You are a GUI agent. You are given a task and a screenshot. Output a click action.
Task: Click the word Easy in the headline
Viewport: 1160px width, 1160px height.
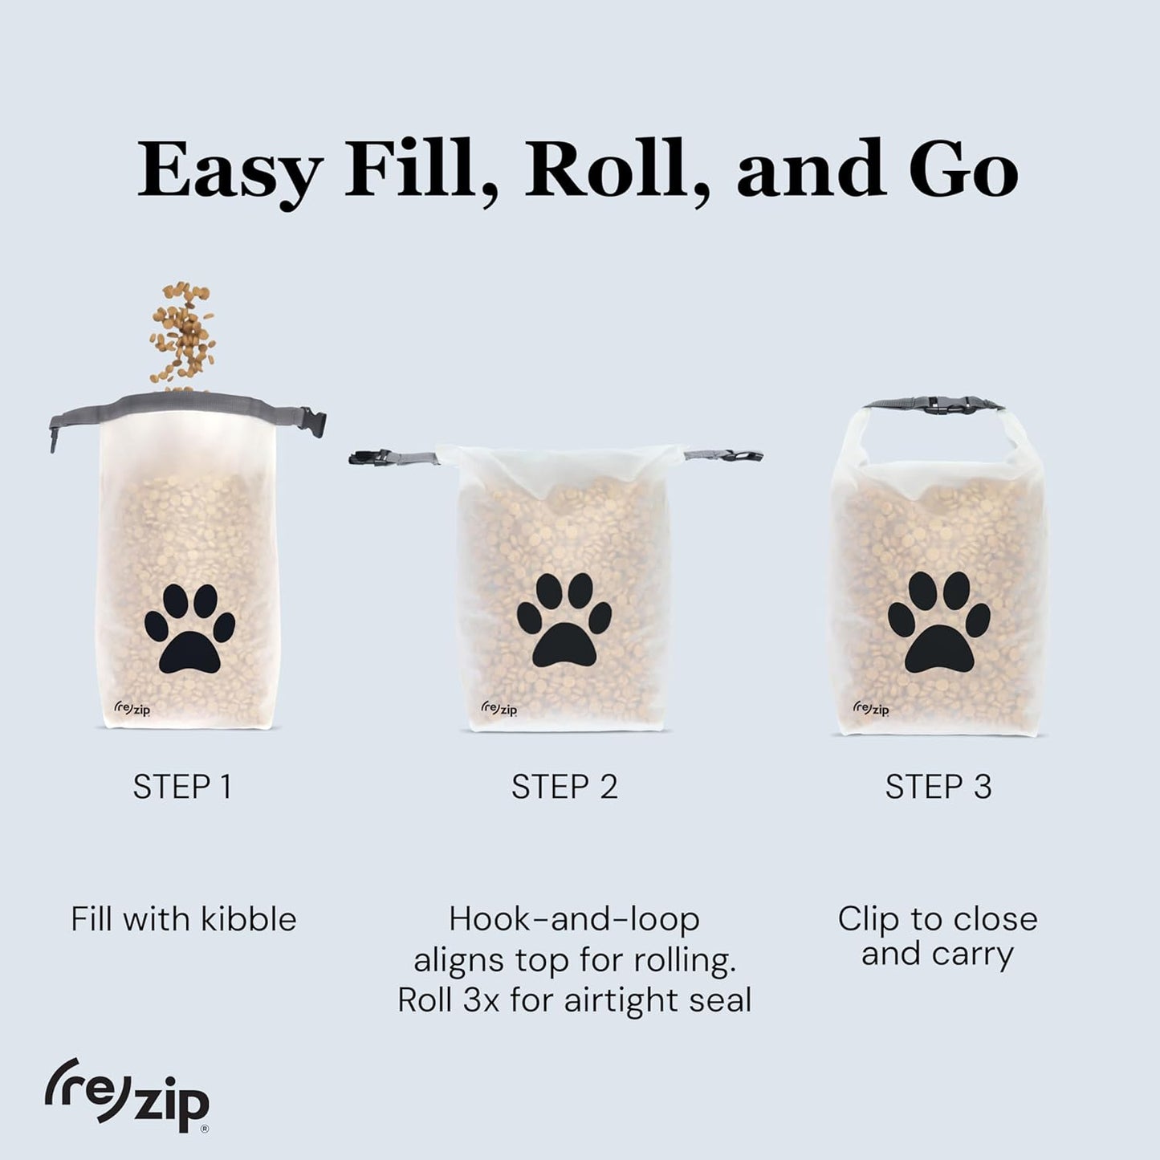pos(230,171)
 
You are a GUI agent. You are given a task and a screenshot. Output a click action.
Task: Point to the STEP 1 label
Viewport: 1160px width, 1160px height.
pos(183,787)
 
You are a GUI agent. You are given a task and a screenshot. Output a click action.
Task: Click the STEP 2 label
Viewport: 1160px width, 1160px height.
pos(564,787)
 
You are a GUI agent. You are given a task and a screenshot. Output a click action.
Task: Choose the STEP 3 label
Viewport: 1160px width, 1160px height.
pos(938,787)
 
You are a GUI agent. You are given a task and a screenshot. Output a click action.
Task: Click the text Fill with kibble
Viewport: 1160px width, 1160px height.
pos(183,919)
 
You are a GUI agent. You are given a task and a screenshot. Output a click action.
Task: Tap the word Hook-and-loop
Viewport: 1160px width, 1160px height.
pos(574,919)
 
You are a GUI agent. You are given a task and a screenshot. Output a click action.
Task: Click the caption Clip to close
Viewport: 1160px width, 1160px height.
pos(938,919)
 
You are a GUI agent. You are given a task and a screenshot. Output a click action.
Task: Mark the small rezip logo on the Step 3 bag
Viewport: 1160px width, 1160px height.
pos(870,708)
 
